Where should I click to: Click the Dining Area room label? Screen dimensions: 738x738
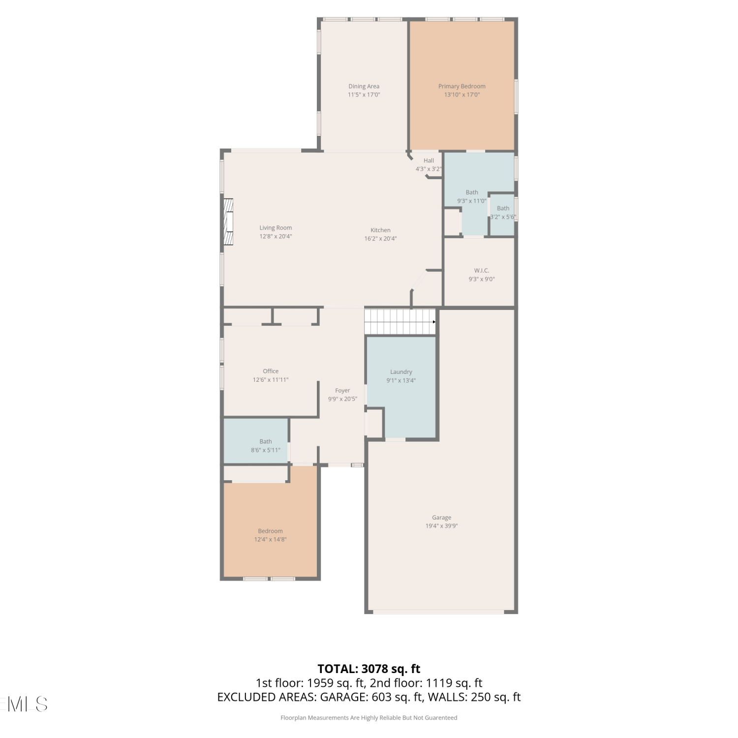pyautogui.click(x=364, y=86)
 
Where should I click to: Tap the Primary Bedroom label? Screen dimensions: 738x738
pyautogui.click(x=462, y=86)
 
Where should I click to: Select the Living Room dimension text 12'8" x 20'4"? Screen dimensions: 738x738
pyautogui.click(x=276, y=236)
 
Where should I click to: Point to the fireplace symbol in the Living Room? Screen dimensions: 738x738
pyautogui.click(x=228, y=221)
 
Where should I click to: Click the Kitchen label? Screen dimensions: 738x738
pyautogui.click(x=380, y=230)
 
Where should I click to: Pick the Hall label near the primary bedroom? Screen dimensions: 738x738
pyautogui.click(x=429, y=160)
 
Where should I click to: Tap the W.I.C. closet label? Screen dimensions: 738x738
pyautogui.click(x=482, y=271)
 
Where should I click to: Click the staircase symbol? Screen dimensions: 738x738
pyautogui.click(x=400, y=322)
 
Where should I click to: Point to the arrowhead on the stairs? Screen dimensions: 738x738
pyautogui.click(x=434, y=322)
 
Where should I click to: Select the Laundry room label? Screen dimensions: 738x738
pyautogui.click(x=401, y=372)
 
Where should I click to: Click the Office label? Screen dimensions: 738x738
pyautogui.click(x=271, y=371)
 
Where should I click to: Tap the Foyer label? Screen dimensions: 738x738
pyautogui.click(x=342, y=391)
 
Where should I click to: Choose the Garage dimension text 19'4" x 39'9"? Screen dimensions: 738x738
pyautogui.click(x=442, y=526)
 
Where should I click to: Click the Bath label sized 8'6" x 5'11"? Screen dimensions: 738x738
pyautogui.click(x=266, y=441)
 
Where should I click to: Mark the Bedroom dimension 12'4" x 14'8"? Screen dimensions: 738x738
pyautogui.click(x=271, y=539)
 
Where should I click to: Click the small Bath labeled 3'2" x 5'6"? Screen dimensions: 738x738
pyautogui.click(x=503, y=208)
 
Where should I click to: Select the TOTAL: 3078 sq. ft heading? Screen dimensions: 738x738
pyautogui.click(x=369, y=669)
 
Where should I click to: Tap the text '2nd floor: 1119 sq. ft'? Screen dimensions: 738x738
pyautogui.click(x=426, y=683)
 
